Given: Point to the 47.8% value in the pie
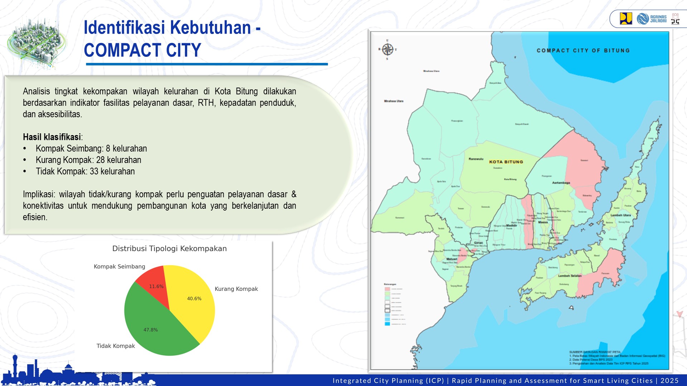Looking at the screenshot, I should coord(151,330).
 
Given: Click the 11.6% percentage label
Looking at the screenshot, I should coord(156,287).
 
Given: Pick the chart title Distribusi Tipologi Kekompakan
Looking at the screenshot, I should coord(169,249).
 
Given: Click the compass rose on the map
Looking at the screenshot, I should coord(388,49).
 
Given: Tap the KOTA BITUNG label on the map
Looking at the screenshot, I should coord(506,162).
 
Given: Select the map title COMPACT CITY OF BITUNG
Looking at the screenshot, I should coord(583,51).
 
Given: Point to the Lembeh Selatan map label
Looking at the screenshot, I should coord(570,276).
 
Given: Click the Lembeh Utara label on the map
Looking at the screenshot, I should coord(620,215).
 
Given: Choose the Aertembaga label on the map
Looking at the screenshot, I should coord(561,183).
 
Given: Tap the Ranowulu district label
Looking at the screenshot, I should coord(476,159).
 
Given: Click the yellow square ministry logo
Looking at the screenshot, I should coord(626,19).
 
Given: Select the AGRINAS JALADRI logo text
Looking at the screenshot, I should coord(658,19).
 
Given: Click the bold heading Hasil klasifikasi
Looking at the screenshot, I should coord(52,137).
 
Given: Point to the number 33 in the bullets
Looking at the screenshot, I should coord(94,172).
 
